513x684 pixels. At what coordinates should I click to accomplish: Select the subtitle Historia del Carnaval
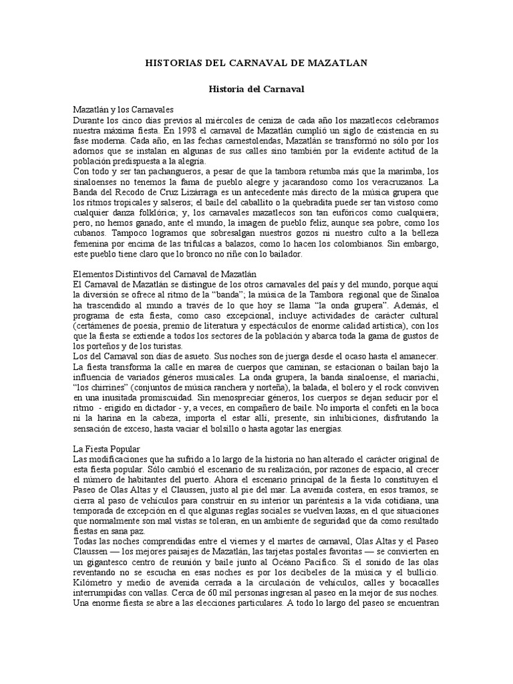click(x=256, y=88)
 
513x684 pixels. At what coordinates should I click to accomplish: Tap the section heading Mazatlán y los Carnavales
click(x=123, y=108)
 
